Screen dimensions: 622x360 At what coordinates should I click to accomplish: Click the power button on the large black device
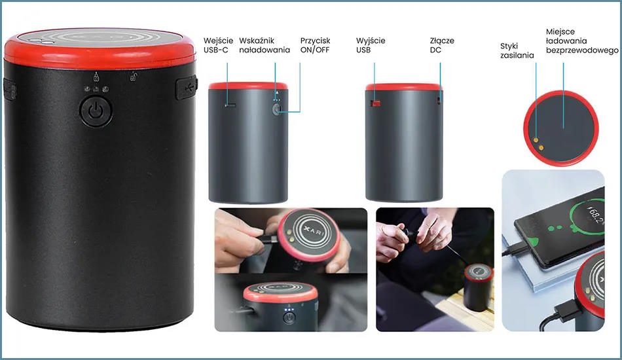tap(96, 111)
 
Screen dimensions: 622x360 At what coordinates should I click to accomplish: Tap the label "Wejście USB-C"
tap(218, 45)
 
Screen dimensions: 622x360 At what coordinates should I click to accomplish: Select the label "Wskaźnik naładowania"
tap(265, 45)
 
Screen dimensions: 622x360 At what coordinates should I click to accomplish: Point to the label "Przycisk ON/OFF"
tap(315, 45)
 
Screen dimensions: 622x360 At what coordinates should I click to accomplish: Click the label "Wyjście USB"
tap(371, 45)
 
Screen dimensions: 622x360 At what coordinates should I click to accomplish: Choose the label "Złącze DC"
tap(442, 45)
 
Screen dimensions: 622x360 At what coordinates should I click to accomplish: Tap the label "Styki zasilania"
tap(517, 51)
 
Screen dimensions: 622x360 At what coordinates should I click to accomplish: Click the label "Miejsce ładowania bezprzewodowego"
tap(582, 41)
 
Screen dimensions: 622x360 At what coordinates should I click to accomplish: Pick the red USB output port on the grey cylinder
tap(375, 103)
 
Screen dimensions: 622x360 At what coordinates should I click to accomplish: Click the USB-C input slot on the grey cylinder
tap(230, 105)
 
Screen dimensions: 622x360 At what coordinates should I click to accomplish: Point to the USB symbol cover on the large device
tap(187, 88)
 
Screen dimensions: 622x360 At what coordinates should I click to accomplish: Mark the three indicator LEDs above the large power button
tap(96, 89)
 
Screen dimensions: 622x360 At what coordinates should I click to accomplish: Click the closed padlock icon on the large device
tap(96, 77)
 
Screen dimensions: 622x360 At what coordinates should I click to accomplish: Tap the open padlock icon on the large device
tap(134, 76)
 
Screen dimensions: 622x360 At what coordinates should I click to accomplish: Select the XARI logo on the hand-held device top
tap(314, 232)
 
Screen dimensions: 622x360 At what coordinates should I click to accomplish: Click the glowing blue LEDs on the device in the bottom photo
tap(289, 310)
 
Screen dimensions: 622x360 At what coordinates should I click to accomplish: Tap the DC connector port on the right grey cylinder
tap(439, 100)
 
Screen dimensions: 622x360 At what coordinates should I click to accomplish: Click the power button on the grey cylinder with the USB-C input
tap(277, 109)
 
